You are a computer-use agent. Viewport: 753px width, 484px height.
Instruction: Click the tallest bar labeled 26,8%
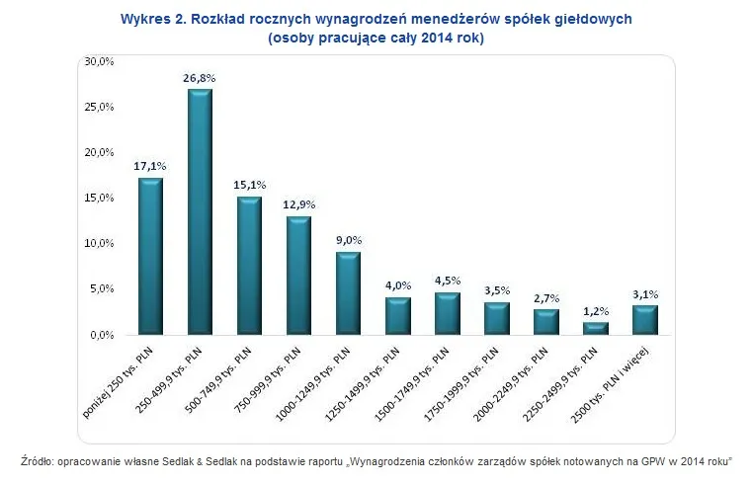[x=200, y=211]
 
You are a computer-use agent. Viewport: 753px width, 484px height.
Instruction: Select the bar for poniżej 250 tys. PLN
[x=150, y=256]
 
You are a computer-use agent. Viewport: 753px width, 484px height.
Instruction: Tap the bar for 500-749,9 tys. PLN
[x=249, y=266]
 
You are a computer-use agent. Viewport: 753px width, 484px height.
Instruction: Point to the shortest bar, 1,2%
[x=595, y=328]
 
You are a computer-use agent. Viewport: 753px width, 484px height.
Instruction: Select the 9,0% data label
[x=348, y=239]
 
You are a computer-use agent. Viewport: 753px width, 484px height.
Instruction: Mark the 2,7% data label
[x=545, y=296]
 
